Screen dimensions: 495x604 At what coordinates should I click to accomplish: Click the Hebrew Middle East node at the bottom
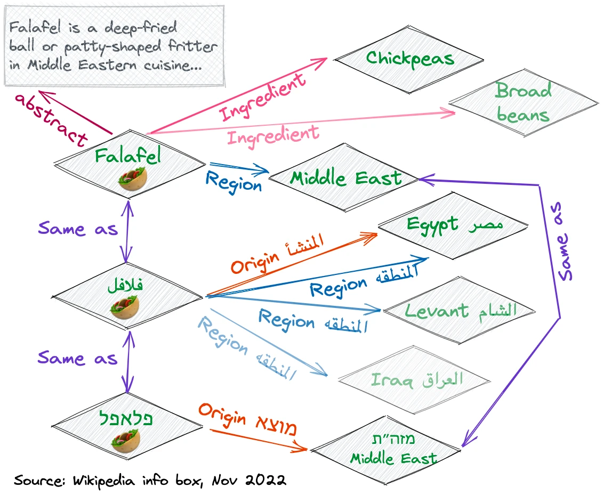click(393, 450)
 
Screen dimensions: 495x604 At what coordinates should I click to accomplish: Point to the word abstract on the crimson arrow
click(51, 120)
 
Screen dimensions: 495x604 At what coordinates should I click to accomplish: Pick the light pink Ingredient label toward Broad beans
click(273, 134)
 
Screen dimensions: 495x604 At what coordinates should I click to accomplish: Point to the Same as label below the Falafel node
click(77, 229)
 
